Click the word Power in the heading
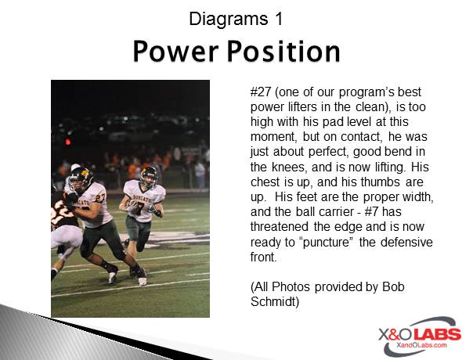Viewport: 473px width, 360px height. click(x=175, y=51)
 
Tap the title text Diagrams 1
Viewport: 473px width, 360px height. click(x=236, y=20)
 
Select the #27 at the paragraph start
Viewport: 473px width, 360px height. click(x=260, y=92)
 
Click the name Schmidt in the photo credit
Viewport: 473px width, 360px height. click(x=275, y=302)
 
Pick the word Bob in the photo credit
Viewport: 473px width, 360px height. click(x=393, y=286)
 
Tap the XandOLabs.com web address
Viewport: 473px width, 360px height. click(x=421, y=345)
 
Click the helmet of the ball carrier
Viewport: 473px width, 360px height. click(x=149, y=175)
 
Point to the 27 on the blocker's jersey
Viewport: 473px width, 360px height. click(x=100, y=198)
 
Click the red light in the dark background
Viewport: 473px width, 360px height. click(x=68, y=142)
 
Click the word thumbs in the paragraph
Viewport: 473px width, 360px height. click(x=381, y=182)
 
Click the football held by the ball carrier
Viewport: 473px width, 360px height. click(x=132, y=205)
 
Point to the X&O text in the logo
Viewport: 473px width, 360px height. click(x=395, y=335)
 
